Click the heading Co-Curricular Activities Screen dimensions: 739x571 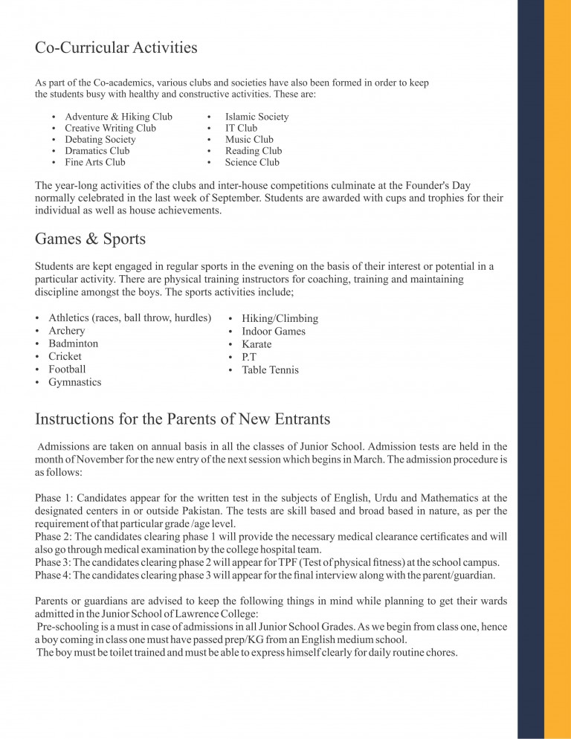tap(116, 48)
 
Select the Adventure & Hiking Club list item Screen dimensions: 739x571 tap(118, 117)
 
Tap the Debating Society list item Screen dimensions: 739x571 tap(100, 139)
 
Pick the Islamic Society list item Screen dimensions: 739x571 tap(257, 117)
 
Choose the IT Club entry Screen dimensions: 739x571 tap(241, 128)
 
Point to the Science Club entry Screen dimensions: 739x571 tap(252, 162)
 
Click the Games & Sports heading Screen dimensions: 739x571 tap(90, 239)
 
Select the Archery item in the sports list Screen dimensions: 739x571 tap(67, 331)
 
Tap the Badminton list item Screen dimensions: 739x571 tap(73, 343)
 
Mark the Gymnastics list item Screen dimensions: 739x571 tap(75, 382)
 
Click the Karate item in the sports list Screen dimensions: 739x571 tap(257, 344)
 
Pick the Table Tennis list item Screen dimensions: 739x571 tap(270, 369)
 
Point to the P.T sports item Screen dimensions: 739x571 tap(249, 357)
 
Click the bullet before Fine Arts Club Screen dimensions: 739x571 tap(54, 162)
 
